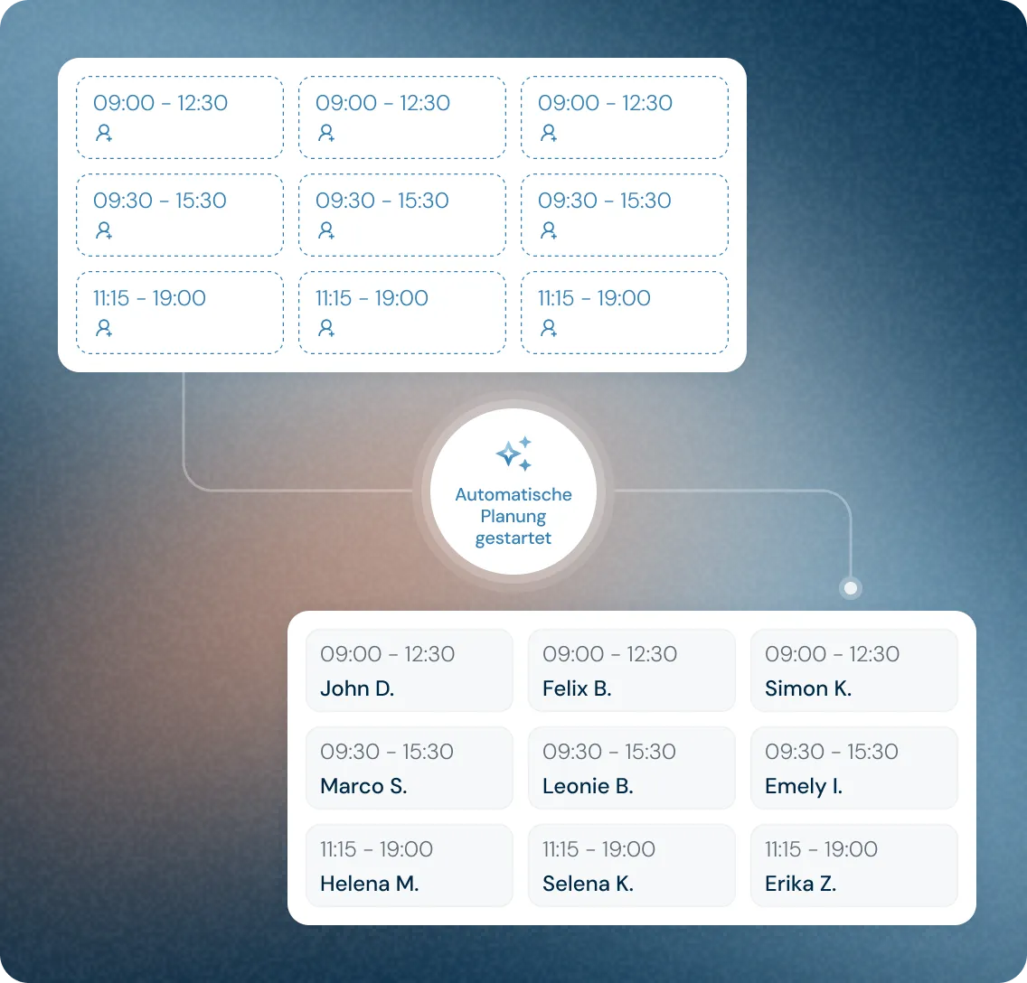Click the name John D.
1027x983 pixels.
coord(357,688)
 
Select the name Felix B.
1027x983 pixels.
coord(577,688)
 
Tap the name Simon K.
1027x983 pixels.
coord(808,688)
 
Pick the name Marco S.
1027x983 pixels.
coord(363,786)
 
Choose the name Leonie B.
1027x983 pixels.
coord(588,786)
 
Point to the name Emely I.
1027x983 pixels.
coord(804,786)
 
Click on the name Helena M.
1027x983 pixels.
coord(370,884)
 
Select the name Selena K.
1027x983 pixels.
coord(588,884)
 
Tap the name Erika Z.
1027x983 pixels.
coord(801,884)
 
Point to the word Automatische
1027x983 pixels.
coord(513,494)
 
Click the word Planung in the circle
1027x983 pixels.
coord(513,516)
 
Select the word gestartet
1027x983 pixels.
coord(513,538)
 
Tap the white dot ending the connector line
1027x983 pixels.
coord(850,588)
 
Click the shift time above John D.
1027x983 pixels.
coord(388,654)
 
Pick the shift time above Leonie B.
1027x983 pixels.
coord(609,752)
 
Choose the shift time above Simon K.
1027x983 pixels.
coord(832,654)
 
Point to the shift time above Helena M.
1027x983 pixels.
coord(376,849)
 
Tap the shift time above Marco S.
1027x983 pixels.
coord(387,752)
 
